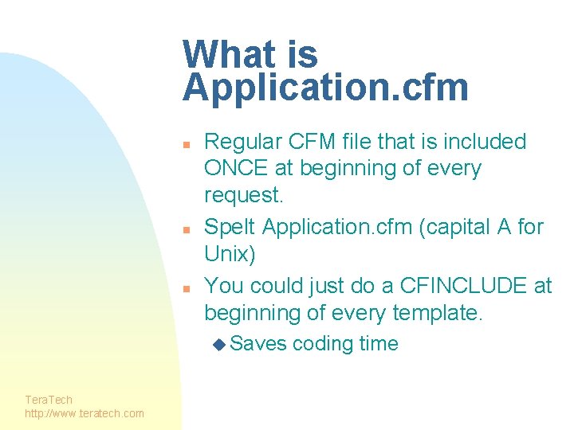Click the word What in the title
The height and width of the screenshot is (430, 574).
[226, 55]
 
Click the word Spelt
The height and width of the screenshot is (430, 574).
[230, 227]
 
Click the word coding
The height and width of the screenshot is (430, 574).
[324, 344]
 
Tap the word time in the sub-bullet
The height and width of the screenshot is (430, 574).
[379, 344]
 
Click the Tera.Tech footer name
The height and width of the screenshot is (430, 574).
[49, 400]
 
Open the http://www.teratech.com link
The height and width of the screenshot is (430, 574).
[85, 413]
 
